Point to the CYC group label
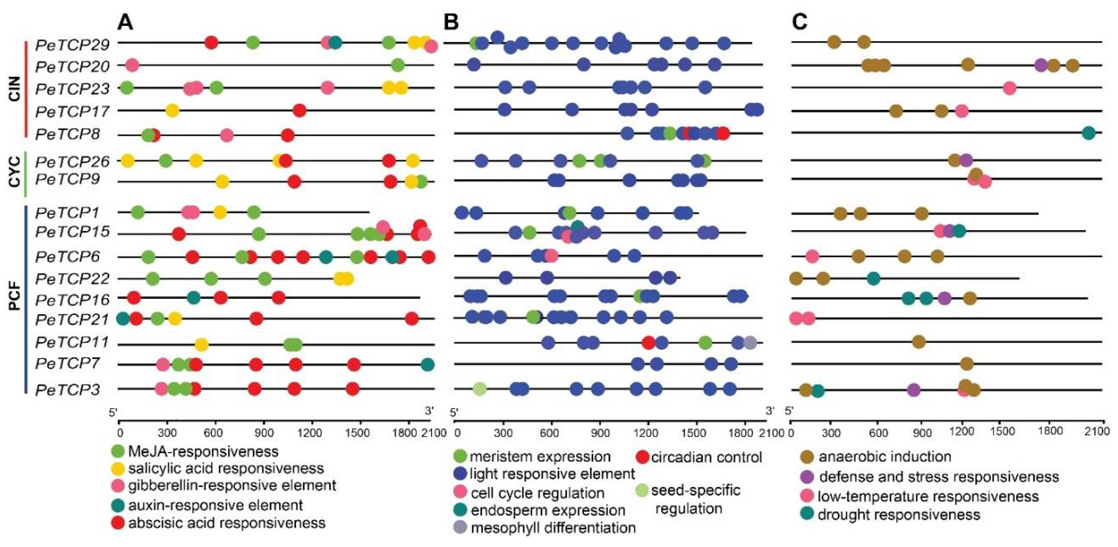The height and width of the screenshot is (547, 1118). click(x=15, y=172)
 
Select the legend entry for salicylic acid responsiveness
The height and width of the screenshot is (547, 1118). click(x=226, y=469)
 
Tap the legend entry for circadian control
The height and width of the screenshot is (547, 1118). click(x=706, y=457)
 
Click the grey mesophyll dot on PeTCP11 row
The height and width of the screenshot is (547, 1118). click(x=750, y=343)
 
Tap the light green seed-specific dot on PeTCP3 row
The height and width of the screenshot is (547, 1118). click(x=479, y=389)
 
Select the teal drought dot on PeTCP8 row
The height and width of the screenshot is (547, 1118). click(x=1088, y=133)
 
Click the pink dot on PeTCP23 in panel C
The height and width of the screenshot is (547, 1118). click(x=1009, y=88)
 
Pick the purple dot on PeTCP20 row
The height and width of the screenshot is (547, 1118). click(x=1041, y=66)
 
